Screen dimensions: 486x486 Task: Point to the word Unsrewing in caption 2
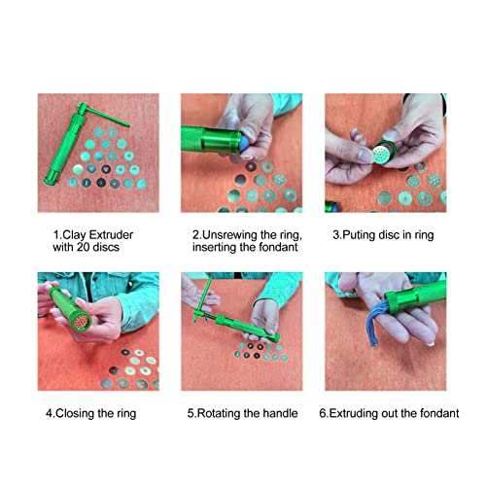tap(226, 234)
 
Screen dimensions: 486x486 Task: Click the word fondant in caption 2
tap(275, 248)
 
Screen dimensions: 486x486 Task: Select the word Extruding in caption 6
tap(359, 413)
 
